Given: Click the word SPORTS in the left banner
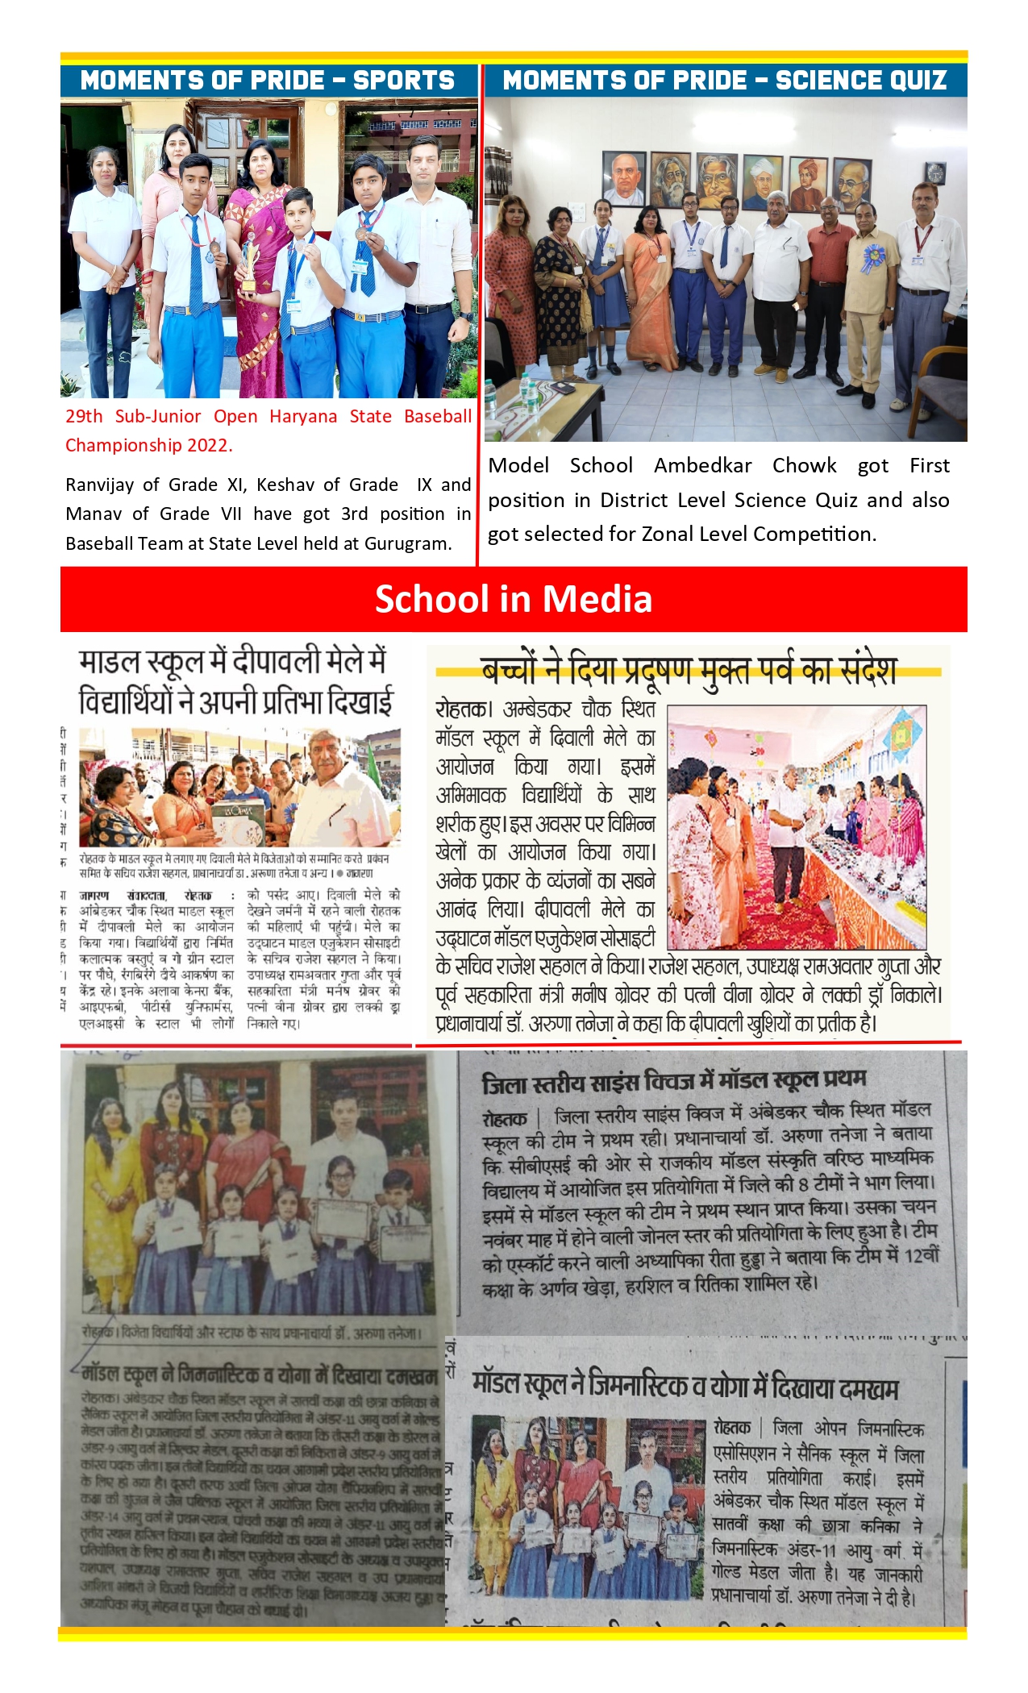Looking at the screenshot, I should tap(403, 81).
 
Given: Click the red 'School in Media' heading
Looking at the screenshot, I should tap(514, 599).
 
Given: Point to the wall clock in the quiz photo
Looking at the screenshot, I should tap(934, 173).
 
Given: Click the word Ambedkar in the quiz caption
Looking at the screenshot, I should tap(702, 465).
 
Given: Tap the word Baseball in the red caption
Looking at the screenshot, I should tap(438, 416).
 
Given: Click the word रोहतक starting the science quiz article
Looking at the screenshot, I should tap(505, 1118).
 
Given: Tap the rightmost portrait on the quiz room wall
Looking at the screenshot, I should tap(851, 184).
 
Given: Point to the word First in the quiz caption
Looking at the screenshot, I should tap(930, 465).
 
